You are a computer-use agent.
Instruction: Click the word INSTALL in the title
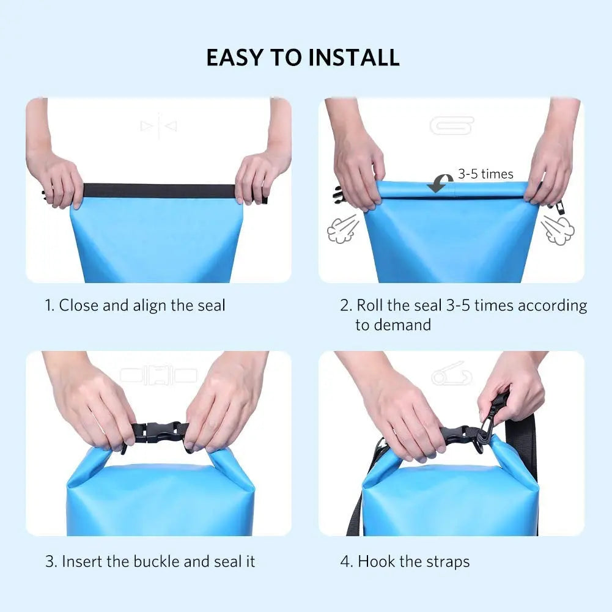354,57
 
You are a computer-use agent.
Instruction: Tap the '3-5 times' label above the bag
485,174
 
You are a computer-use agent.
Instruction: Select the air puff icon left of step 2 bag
342,229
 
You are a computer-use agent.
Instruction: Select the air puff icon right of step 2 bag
558,229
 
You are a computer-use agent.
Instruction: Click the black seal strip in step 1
159,191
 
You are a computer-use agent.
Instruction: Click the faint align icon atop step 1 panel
158,126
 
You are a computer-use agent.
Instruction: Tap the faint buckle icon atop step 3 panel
158,375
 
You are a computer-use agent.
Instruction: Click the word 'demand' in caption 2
402,325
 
